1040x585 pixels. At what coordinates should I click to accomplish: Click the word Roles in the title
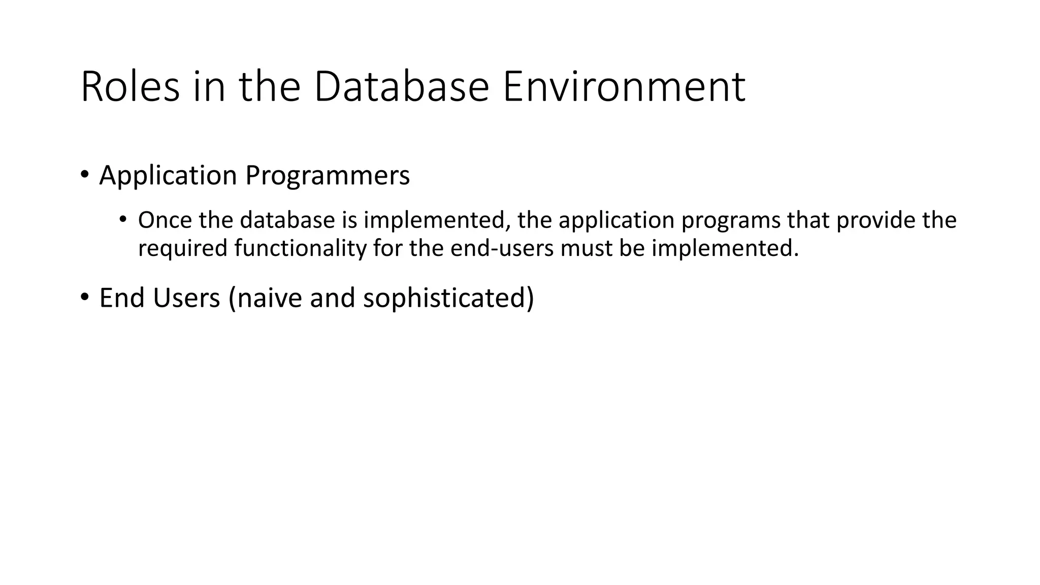(x=130, y=87)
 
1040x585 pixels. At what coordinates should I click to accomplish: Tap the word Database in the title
(x=401, y=87)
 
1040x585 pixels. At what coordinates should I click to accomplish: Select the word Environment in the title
(x=624, y=87)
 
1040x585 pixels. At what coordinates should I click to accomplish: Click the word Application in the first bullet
(x=168, y=176)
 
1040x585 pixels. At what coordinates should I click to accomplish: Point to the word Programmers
(x=327, y=176)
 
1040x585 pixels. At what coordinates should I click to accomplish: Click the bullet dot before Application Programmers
(x=85, y=175)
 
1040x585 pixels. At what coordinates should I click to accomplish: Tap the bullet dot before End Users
(x=85, y=297)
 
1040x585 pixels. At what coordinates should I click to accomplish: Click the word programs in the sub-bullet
(x=730, y=220)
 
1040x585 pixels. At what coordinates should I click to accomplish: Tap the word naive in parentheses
(x=269, y=298)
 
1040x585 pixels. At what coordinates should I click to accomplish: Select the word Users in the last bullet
(x=186, y=298)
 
